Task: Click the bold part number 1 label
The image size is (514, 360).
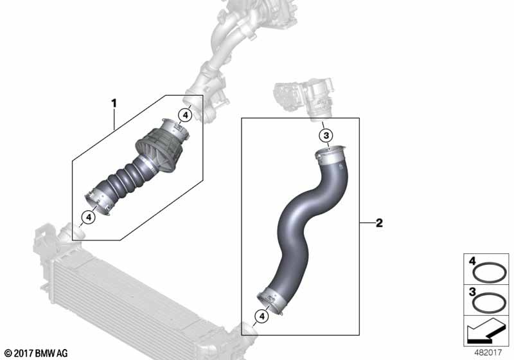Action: [x=114, y=104]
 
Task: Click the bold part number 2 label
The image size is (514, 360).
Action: [x=379, y=223]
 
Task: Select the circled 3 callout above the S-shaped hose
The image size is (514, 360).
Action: [x=326, y=136]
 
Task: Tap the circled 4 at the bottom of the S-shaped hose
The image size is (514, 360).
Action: [x=261, y=316]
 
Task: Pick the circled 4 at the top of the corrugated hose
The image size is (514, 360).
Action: [x=185, y=115]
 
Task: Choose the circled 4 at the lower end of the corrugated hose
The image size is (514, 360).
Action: [x=89, y=217]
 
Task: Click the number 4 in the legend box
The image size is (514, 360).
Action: [x=472, y=261]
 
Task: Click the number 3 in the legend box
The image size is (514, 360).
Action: [x=472, y=291]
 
